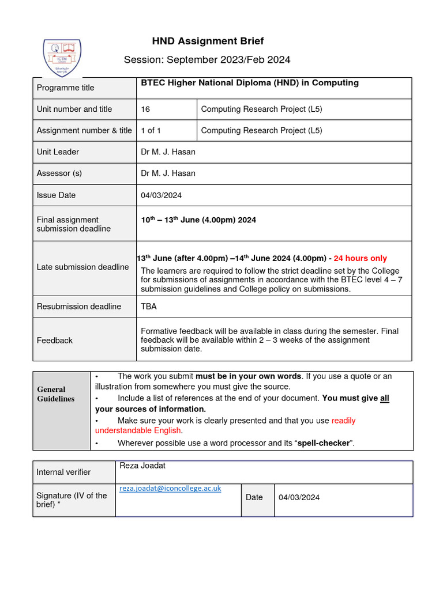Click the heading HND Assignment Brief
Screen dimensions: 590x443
pyautogui.click(x=208, y=41)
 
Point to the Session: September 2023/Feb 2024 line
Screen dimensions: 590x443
pyautogui.click(x=208, y=60)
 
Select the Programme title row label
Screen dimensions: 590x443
pyautogui.click(x=65, y=88)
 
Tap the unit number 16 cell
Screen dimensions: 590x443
pyautogui.click(x=145, y=109)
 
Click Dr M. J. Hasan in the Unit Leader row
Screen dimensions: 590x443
pyautogui.click(x=168, y=152)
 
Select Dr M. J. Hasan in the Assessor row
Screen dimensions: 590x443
pyautogui.click(x=168, y=173)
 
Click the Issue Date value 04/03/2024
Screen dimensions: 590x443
pyautogui.click(x=161, y=195)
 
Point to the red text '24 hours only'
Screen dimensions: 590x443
pyautogui.click(x=361, y=258)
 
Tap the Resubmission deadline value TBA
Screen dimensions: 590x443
pyautogui.click(x=149, y=307)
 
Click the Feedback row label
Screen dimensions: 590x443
pyautogui.click(x=55, y=341)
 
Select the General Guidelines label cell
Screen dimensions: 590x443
pyautogui.click(x=56, y=394)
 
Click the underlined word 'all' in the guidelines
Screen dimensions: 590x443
pyautogui.click(x=385, y=398)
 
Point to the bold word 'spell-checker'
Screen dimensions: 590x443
pyautogui.click(x=324, y=443)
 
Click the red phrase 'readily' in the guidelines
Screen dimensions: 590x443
pyautogui.click(x=344, y=421)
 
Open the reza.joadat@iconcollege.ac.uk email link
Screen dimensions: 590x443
pyautogui.click(x=170, y=488)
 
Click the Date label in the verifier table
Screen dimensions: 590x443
pyautogui.click(x=254, y=497)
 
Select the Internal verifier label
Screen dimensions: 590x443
pyautogui.click(x=63, y=472)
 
